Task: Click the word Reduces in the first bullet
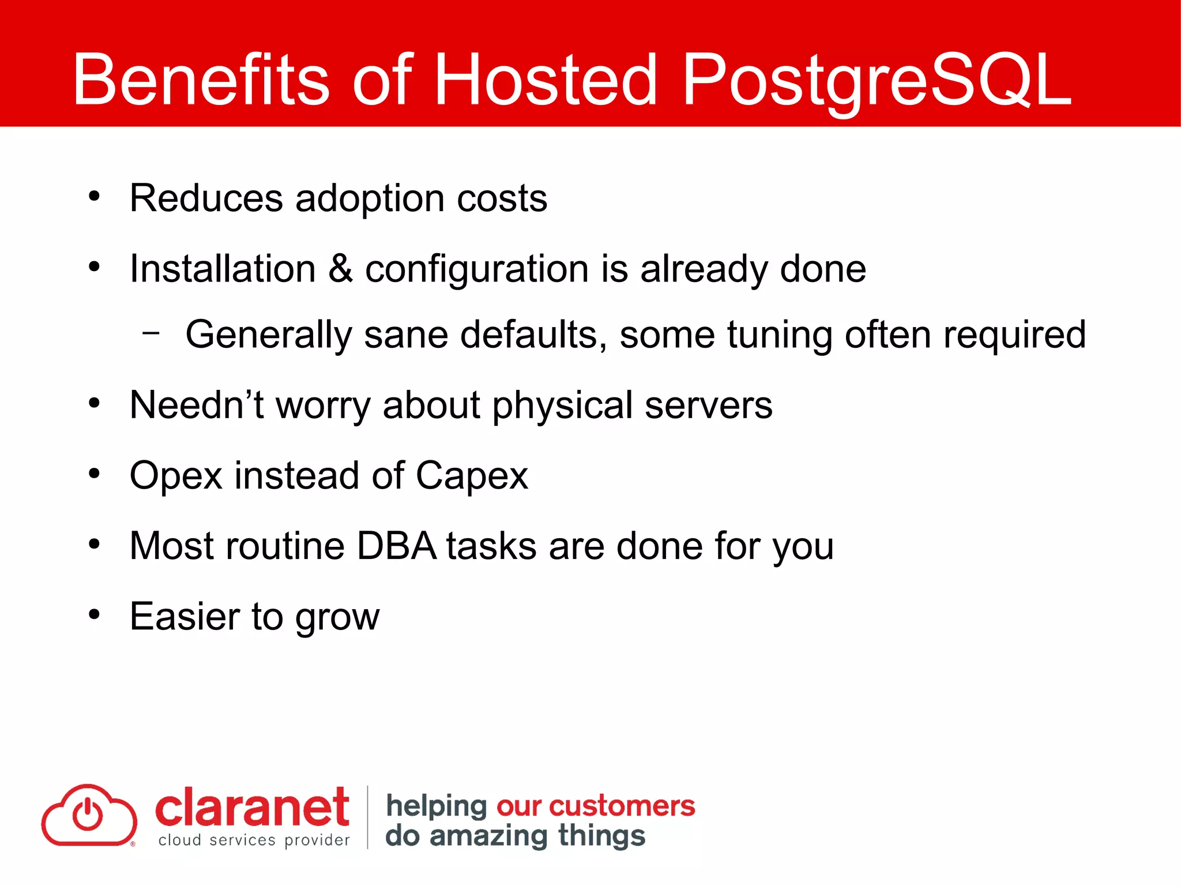[x=206, y=198]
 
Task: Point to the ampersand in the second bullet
[x=340, y=269]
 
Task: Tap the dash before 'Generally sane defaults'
[x=151, y=333]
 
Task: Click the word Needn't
[x=197, y=405]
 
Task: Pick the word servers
[x=708, y=406]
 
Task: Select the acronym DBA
[x=397, y=546]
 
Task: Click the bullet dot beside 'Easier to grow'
[x=95, y=614]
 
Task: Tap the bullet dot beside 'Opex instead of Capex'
[x=95, y=474]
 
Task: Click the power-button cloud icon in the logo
[x=89, y=815]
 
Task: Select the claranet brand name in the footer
[x=252, y=808]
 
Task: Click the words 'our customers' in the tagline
[x=596, y=806]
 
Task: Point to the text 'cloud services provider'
[x=254, y=840]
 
